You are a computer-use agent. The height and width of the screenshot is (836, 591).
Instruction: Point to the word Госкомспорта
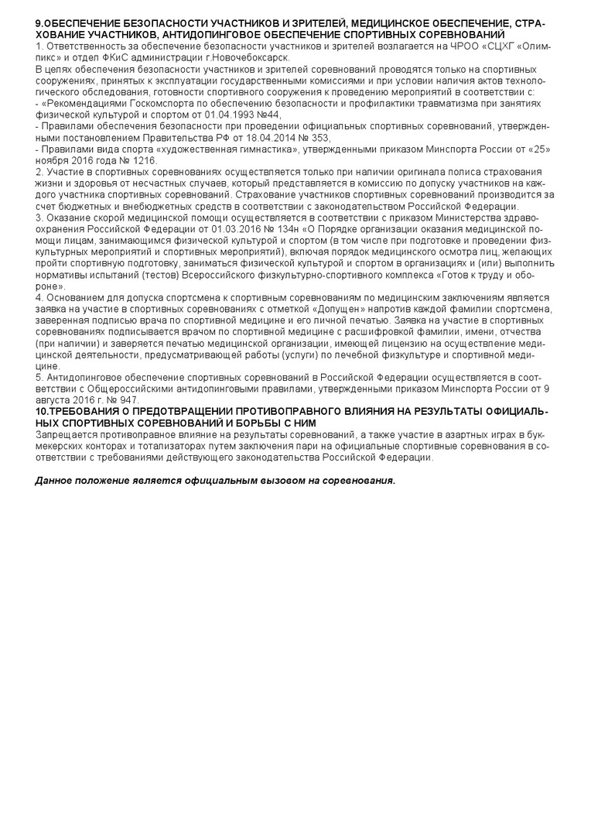click(x=147, y=103)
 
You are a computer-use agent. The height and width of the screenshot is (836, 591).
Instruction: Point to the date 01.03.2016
click(x=224, y=228)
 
